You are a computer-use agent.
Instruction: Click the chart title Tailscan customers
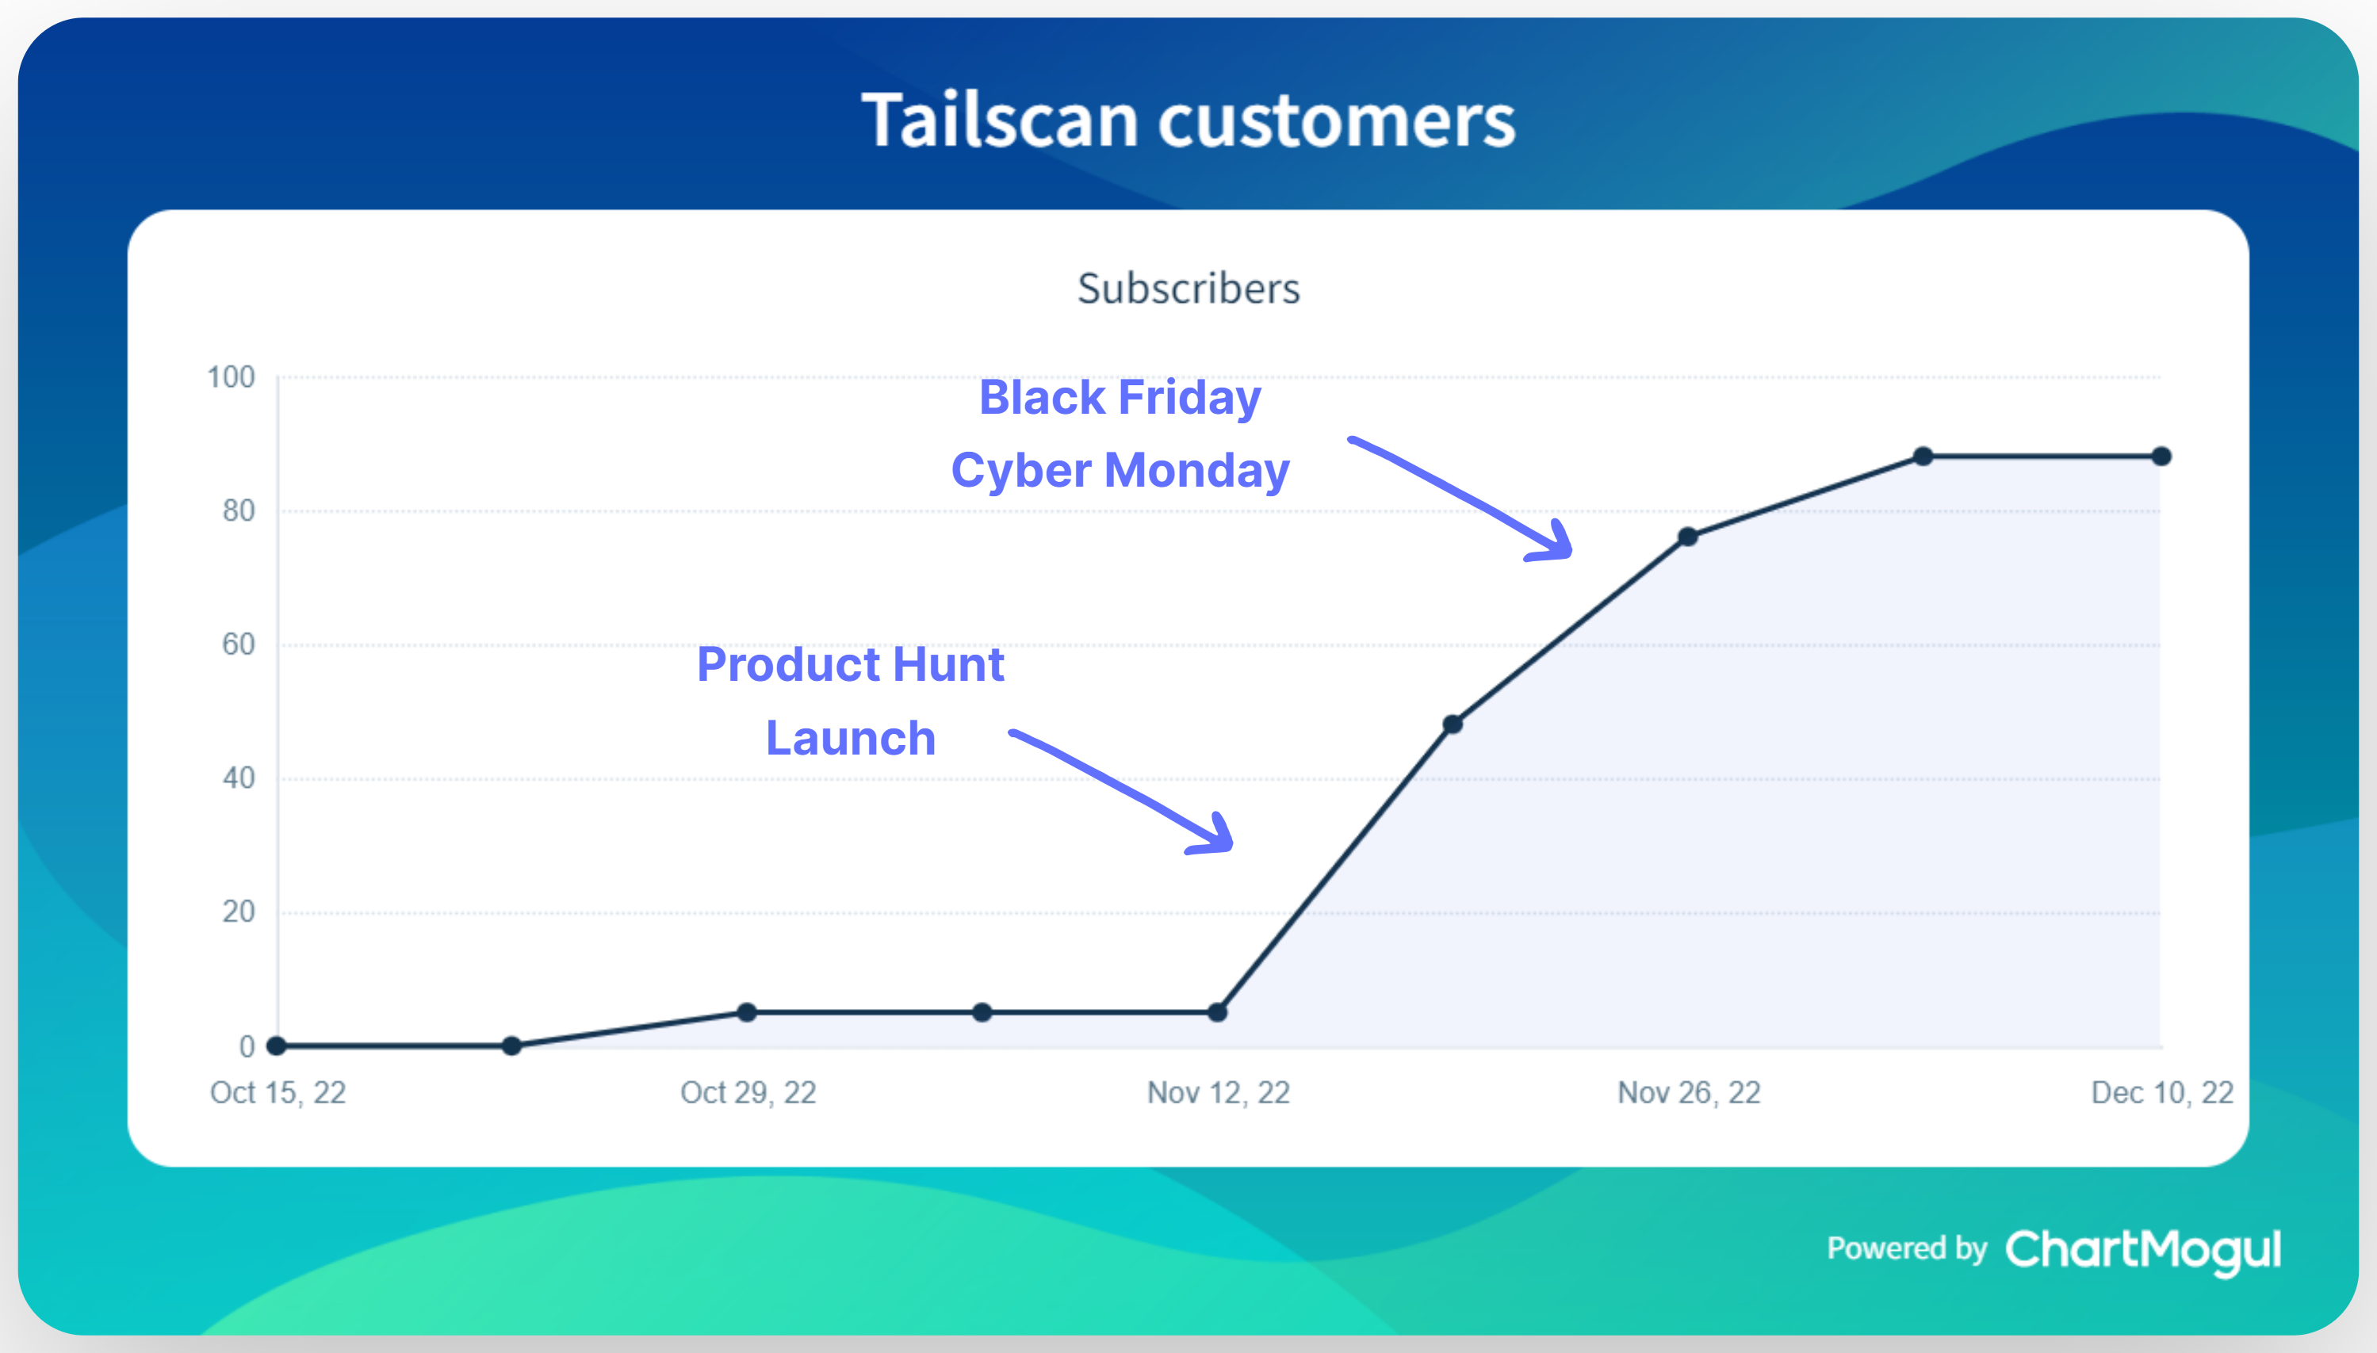[1188, 120]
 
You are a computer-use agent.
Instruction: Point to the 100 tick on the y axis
[231, 377]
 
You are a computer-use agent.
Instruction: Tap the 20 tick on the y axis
[238, 912]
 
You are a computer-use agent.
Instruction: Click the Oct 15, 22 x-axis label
[278, 1092]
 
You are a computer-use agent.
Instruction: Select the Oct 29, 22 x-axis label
[748, 1092]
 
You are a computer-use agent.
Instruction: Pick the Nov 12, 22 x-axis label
[1219, 1092]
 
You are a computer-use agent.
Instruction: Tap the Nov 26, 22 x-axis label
[1689, 1092]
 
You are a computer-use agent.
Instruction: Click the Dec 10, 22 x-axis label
[2161, 1092]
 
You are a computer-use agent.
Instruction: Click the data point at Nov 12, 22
[1217, 1012]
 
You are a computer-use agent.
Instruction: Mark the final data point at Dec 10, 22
[2161, 457]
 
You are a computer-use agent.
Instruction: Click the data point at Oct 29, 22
[747, 1012]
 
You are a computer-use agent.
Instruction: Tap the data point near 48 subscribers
[1453, 724]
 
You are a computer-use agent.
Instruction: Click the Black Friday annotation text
[1120, 398]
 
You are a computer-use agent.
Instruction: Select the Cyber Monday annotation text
[1120, 470]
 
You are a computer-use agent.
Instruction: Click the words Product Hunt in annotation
[850, 664]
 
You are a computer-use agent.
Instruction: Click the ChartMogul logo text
[2142, 1250]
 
